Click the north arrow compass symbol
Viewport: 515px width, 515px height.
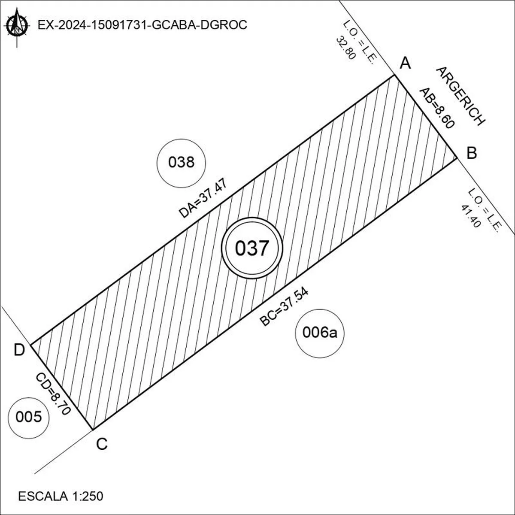tap(17, 27)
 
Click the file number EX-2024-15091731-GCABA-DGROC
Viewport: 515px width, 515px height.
tap(142, 25)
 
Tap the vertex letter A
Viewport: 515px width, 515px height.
tap(405, 64)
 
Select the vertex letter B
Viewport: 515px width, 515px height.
tap(472, 153)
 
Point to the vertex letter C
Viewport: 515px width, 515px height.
tap(102, 444)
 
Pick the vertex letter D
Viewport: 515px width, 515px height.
tap(19, 350)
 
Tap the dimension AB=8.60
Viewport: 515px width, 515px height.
tap(437, 108)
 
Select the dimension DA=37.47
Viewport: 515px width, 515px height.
tap(203, 198)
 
